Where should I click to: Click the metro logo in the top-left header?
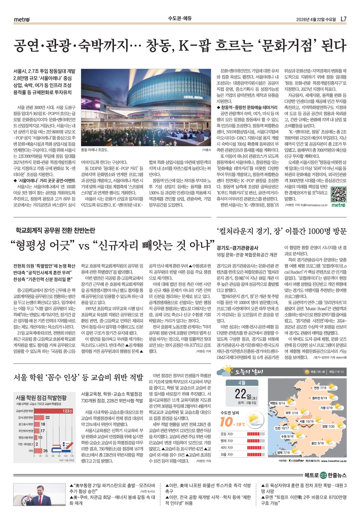(x=22, y=19)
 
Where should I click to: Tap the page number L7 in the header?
(x=343, y=19)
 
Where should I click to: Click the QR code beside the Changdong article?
(x=339, y=194)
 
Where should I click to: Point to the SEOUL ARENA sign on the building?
(x=193, y=97)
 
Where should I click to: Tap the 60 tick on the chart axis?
(x=53, y=456)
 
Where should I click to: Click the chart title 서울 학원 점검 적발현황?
(x=41, y=398)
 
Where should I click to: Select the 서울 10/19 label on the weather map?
(x=306, y=421)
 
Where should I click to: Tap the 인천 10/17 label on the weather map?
(x=282, y=428)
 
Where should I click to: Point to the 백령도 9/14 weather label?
(x=277, y=403)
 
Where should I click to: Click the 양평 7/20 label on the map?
(x=328, y=426)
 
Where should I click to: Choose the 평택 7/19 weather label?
(x=283, y=452)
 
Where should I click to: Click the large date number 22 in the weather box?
(x=240, y=394)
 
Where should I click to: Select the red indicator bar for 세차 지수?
(x=256, y=448)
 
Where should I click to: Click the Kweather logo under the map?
(x=296, y=460)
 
